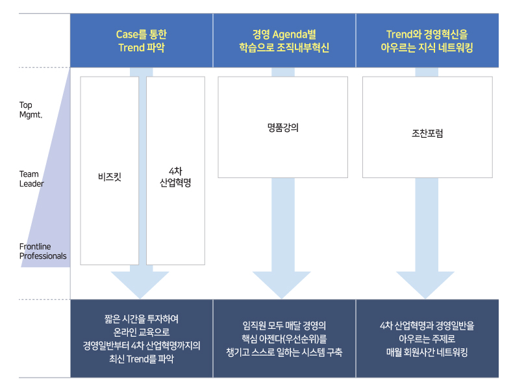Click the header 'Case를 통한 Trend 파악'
[142, 41]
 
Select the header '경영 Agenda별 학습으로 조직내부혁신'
[284, 41]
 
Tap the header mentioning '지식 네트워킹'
[427, 41]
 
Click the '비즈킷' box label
[110, 177]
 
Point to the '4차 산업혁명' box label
[175, 177]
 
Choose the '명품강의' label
[283, 127]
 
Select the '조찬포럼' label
[427, 133]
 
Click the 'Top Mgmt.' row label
[31, 110]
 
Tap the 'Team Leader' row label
[31, 179]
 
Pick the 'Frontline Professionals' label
[43, 251]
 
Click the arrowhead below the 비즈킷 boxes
[140, 285]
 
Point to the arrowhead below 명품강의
[282, 285]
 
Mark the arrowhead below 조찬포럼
[425, 285]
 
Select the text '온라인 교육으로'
[142, 332]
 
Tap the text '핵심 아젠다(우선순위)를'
[284, 339]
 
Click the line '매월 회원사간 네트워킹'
[427, 352]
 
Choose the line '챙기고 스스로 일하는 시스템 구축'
[284, 352]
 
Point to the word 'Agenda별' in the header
[294, 34]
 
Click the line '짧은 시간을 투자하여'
[142, 318]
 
